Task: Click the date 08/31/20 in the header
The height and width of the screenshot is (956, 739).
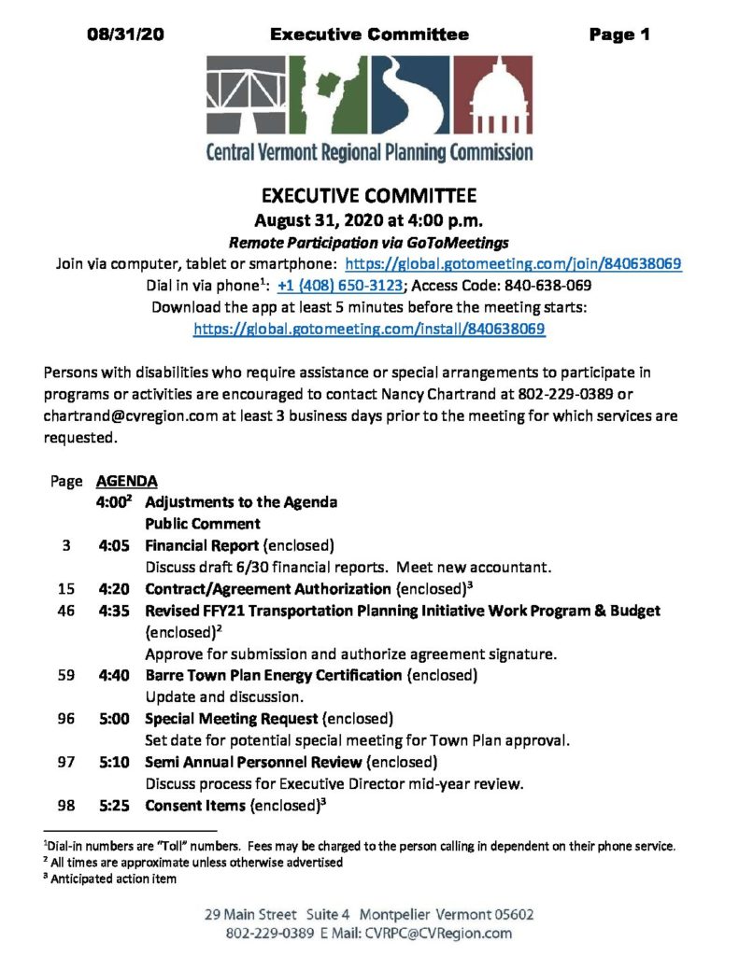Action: (127, 35)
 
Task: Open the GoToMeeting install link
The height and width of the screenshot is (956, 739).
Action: (369, 329)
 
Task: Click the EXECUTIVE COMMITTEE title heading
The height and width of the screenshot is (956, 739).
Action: (369, 197)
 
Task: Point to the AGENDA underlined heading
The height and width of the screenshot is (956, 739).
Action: (126, 482)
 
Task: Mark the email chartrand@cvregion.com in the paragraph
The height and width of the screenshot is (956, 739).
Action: (118, 415)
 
